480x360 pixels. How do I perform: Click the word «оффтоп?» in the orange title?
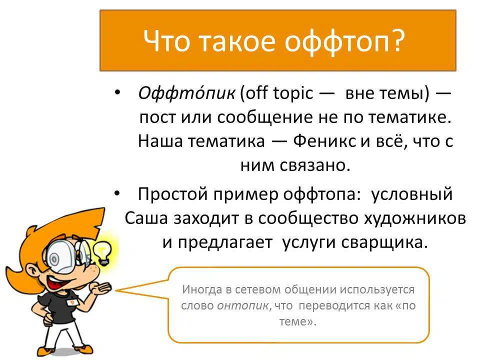(344, 42)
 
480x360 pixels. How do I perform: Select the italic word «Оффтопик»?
(186, 93)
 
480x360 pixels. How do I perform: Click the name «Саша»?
(146, 218)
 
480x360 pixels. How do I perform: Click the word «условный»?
(411, 194)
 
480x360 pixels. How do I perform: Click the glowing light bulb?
(102, 252)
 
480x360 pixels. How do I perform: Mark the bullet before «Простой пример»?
(117, 193)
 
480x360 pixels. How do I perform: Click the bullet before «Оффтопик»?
(117, 92)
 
